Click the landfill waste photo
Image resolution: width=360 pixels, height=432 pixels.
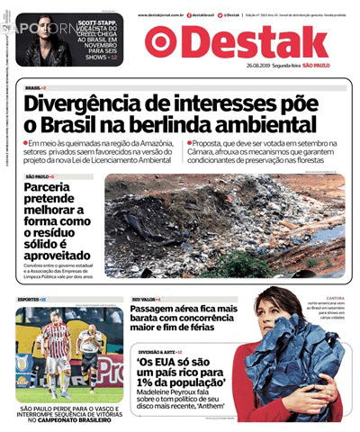pos(225,225)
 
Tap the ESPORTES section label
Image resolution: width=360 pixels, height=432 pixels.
pos(29,298)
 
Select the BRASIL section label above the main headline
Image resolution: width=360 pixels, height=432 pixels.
pos(34,87)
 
